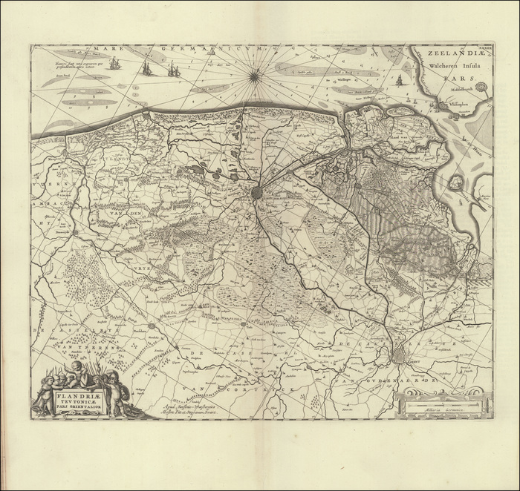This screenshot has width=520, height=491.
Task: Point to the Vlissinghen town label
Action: (461, 105)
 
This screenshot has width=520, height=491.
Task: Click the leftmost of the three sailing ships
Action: (115, 64)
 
